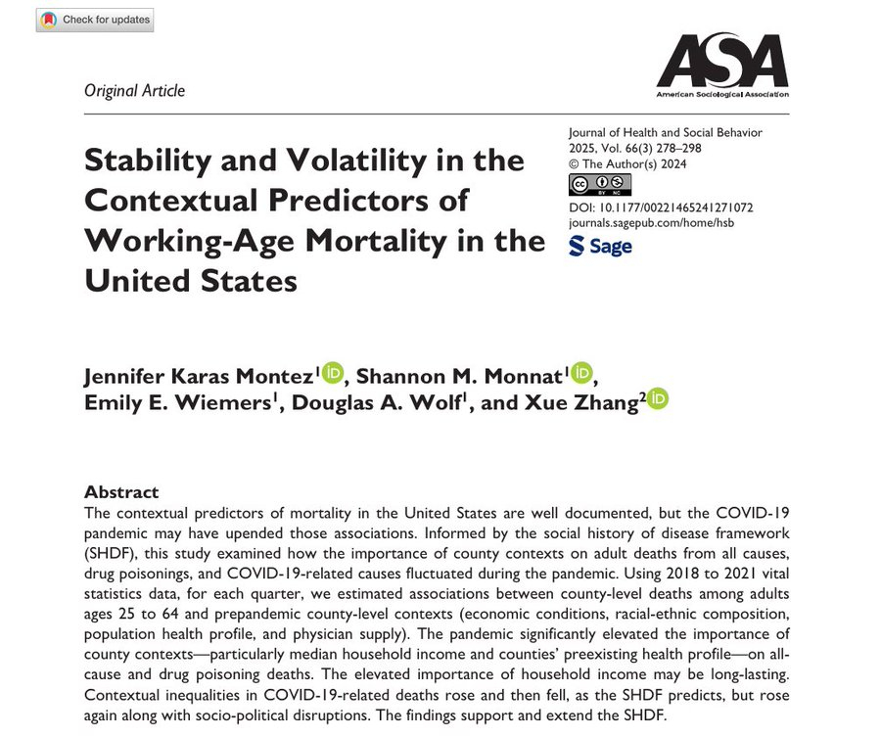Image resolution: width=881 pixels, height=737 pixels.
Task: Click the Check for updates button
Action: (94, 20)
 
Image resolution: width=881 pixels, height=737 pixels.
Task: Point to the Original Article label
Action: (134, 91)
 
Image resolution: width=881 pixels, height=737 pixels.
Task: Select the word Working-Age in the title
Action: (203, 240)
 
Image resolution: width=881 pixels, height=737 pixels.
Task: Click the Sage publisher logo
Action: (600, 247)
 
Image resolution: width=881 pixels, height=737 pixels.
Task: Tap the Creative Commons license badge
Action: (599, 185)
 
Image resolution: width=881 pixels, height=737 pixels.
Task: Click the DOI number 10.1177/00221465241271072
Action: (674, 207)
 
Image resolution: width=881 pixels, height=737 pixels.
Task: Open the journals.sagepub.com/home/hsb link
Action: (650, 223)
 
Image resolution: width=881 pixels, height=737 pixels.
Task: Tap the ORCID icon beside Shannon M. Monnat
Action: (581, 372)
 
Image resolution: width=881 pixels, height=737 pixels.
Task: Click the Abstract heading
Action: (121, 491)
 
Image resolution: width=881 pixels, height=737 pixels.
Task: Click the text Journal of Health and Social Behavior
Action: (665, 132)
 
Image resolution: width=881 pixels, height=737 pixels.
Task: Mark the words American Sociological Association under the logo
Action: (721, 95)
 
